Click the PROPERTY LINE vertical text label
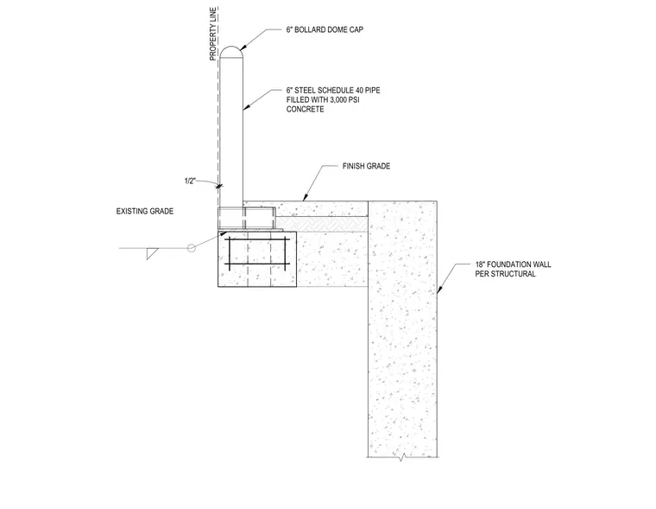(x=213, y=34)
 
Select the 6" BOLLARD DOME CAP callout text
(x=325, y=29)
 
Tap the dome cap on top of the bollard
(x=231, y=52)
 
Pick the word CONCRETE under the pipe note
(x=305, y=110)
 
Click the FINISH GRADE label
(x=366, y=166)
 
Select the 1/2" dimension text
(x=190, y=181)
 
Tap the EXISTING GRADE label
(x=145, y=211)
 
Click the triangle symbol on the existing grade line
(x=151, y=252)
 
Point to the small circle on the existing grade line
(x=192, y=248)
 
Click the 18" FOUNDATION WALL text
(x=513, y=264)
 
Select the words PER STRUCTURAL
(x=505, y=275)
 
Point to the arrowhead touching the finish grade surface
(x=306, y=197)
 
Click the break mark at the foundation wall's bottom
(x=401, y=458)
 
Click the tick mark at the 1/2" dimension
(x=219, y=186)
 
